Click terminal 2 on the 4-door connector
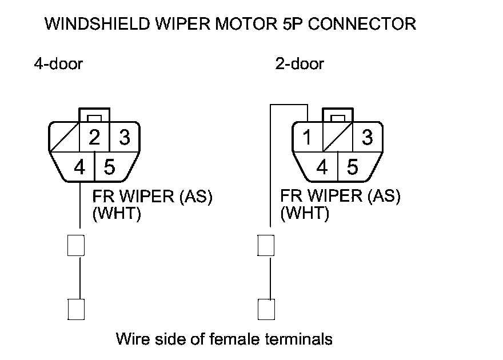[x=94, y=137]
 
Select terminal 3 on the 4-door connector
[x=125, y=137]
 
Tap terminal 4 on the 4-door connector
[x=79, y=167]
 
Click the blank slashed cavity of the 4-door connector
[x=64, y=137]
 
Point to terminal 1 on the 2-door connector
[x=308, y=137]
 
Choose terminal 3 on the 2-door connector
[x=368, y=137]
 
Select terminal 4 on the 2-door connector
[x=322, y=167]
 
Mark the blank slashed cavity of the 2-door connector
[x=337, y=137]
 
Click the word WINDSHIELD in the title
[x=97, y=24]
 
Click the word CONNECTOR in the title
[x=362, y=24]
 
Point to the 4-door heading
[x=58, y=64]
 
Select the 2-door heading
[x=300, y=64]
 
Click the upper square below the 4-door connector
[x=76, y=245]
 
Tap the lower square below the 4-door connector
[x=76, y=309]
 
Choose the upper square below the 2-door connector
[x=266, y=245]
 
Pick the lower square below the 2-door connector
[x=266, y=309]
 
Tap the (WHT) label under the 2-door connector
[x=305, y=213]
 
